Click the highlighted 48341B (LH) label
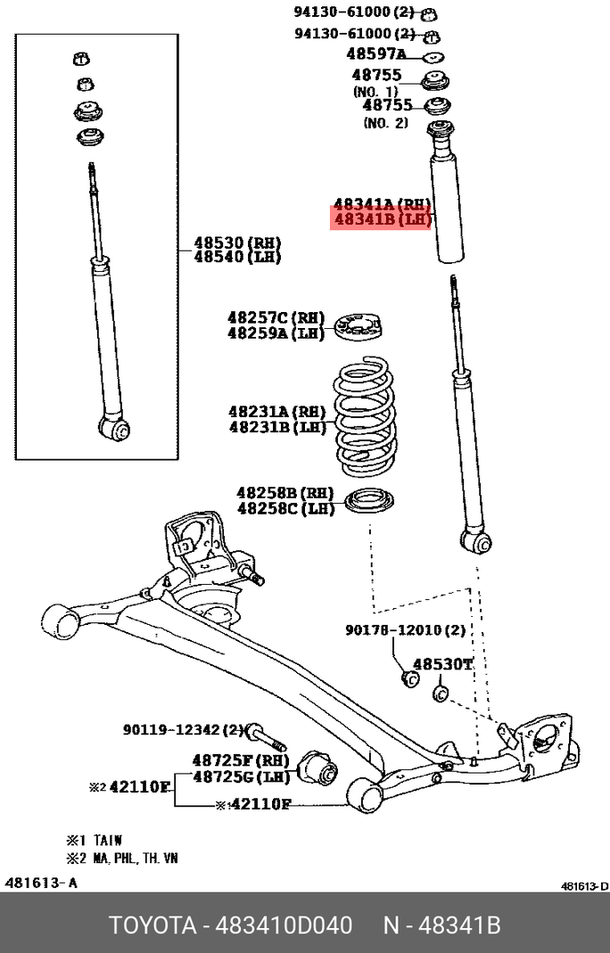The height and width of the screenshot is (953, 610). tap(382, 219)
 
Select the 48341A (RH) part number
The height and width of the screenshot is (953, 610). tap(382, 204)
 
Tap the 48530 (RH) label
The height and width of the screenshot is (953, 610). tap(237, 242)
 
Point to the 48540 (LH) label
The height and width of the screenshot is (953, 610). tap(237, 257)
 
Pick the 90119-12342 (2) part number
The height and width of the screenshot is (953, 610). tap(183, 730)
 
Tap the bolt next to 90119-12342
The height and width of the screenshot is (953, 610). tap(265, 736)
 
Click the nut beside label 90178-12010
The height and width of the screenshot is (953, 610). tap(412, 679)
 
